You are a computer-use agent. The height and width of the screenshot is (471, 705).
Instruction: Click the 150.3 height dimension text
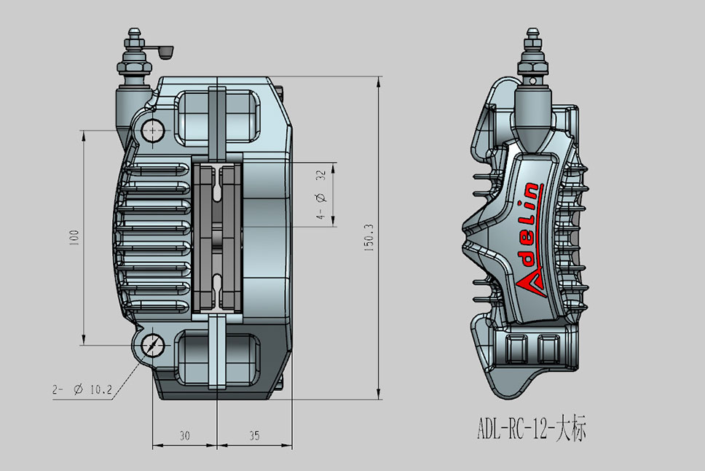pos(369,238)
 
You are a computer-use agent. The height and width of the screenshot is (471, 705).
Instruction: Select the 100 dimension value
pos(73,238)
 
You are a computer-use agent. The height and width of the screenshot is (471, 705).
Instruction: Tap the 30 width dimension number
pos(184,436)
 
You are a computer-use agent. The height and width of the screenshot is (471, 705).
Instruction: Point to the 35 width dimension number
pos(254,436)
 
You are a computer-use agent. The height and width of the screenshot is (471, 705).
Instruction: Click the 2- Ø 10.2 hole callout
pos(82,390)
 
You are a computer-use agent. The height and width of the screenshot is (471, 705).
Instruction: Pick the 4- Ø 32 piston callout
pos(320,195)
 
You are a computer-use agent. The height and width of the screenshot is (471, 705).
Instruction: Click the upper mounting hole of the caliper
pos(154,131)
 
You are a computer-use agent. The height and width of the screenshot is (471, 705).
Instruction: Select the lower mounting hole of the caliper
pos(154,345)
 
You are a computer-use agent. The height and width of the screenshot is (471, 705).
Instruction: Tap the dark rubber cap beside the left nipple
pos(164,52)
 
